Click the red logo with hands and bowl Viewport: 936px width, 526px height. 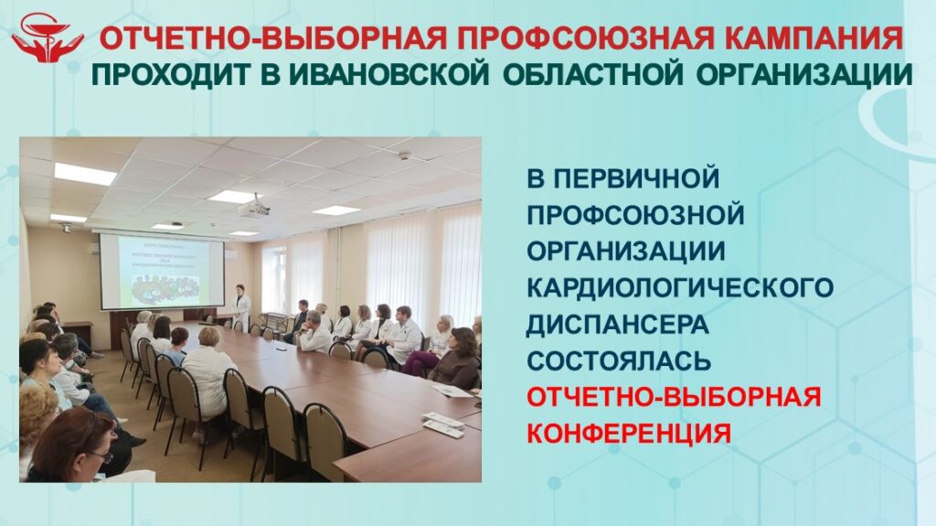tap(48, 38)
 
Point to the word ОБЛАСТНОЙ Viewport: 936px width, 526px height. tap(592, 74)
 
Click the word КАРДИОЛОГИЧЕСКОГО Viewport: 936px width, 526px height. tap(680, 287)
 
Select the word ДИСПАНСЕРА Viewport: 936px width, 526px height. tap(618, 324)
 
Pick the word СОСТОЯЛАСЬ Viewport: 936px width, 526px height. tap(619, 360)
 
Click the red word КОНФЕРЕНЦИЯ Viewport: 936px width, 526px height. tap(629, 434)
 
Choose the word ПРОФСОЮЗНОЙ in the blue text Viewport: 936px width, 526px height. tap(636, 215)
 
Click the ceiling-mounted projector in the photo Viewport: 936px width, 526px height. tap(255, 208)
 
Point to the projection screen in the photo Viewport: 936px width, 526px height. tap(162, 271)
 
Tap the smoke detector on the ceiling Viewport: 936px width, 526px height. tap(405, 156)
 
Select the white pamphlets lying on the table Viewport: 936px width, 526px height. tap(442, 424)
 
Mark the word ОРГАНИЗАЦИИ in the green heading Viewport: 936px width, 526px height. tap(804, 74)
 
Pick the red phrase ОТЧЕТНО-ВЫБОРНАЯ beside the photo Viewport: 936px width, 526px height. tap(674, 397)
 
